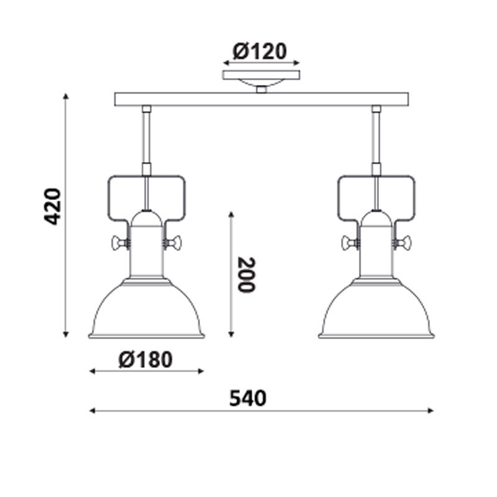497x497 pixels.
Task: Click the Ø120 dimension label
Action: (x=260, y=52)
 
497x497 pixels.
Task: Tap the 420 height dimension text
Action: (x=52, y=207)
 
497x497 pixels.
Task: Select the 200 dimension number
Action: (x=247, y=275)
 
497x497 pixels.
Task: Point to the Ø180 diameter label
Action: (x=145, y=360)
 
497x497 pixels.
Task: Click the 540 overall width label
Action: (x=248, y=398)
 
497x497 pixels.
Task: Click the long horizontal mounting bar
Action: (x=262, y=99)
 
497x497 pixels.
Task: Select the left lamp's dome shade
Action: (x=146, y=308)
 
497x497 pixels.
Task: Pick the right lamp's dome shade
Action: (x=376, y=308)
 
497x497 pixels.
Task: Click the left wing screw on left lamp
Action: (x=121, y=243)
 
